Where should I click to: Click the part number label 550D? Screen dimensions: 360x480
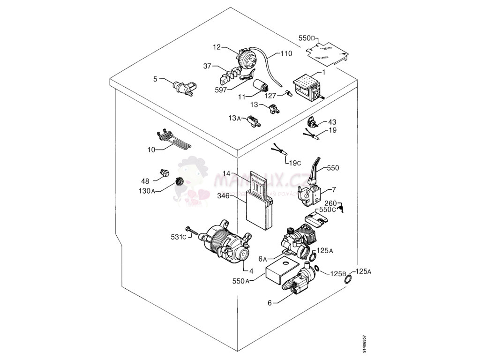(307, 38)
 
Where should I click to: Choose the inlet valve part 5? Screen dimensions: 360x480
(183, 87)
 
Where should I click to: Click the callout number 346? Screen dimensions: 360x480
(223, 196)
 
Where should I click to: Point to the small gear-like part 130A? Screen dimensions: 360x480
(179, 181)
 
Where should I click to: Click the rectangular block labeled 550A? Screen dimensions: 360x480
(280, 270)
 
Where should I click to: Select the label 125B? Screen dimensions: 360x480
(338, 273)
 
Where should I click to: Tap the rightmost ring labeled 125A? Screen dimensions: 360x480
(349, 280)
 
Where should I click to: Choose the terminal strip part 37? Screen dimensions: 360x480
(232, 74)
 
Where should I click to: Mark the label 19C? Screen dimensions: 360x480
(294, 163)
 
